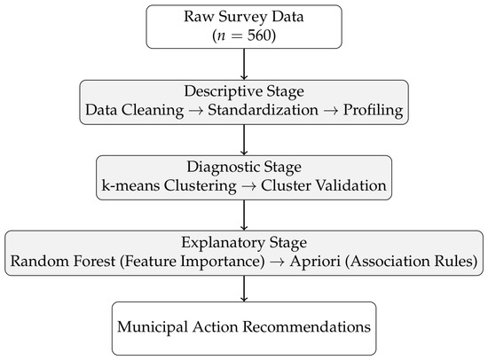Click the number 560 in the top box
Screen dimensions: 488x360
coord(259,35)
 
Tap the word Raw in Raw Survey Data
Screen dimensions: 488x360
coord(198,16)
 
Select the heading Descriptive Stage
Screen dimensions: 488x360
coord(244,92)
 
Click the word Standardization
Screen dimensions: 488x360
coord(263,110)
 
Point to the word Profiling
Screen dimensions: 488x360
coord(373,111)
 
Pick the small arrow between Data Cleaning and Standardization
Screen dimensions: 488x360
coord(196,111)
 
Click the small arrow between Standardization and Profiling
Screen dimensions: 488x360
coord(331,111)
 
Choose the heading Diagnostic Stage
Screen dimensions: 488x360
coord(244,168)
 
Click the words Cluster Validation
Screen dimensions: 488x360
coord(324,185)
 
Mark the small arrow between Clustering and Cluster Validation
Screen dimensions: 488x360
coord(248,186)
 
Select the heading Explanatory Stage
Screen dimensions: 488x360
coord(244,243)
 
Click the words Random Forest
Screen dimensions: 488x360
coord(63,261)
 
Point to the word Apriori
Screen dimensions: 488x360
coord(315,262)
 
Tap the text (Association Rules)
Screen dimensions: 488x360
coord(411,261)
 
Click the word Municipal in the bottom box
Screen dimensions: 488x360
coord(153,327)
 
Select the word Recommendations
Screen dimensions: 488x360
coord(307,326)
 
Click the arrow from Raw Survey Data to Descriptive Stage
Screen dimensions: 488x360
coord(244,64)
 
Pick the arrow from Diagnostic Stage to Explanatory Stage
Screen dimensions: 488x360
coord(244,215)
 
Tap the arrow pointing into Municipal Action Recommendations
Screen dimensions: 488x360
coord(244,288)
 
